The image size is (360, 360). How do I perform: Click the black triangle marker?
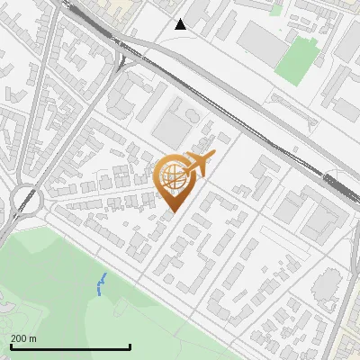click(181, 24)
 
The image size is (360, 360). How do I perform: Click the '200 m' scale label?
click(24, 338)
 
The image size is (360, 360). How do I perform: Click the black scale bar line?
click(70, 346)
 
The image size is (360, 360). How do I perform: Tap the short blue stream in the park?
click(100, 284)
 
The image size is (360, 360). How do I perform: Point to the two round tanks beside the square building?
click(193, 113)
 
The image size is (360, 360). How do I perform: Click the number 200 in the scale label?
click(19, 338)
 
